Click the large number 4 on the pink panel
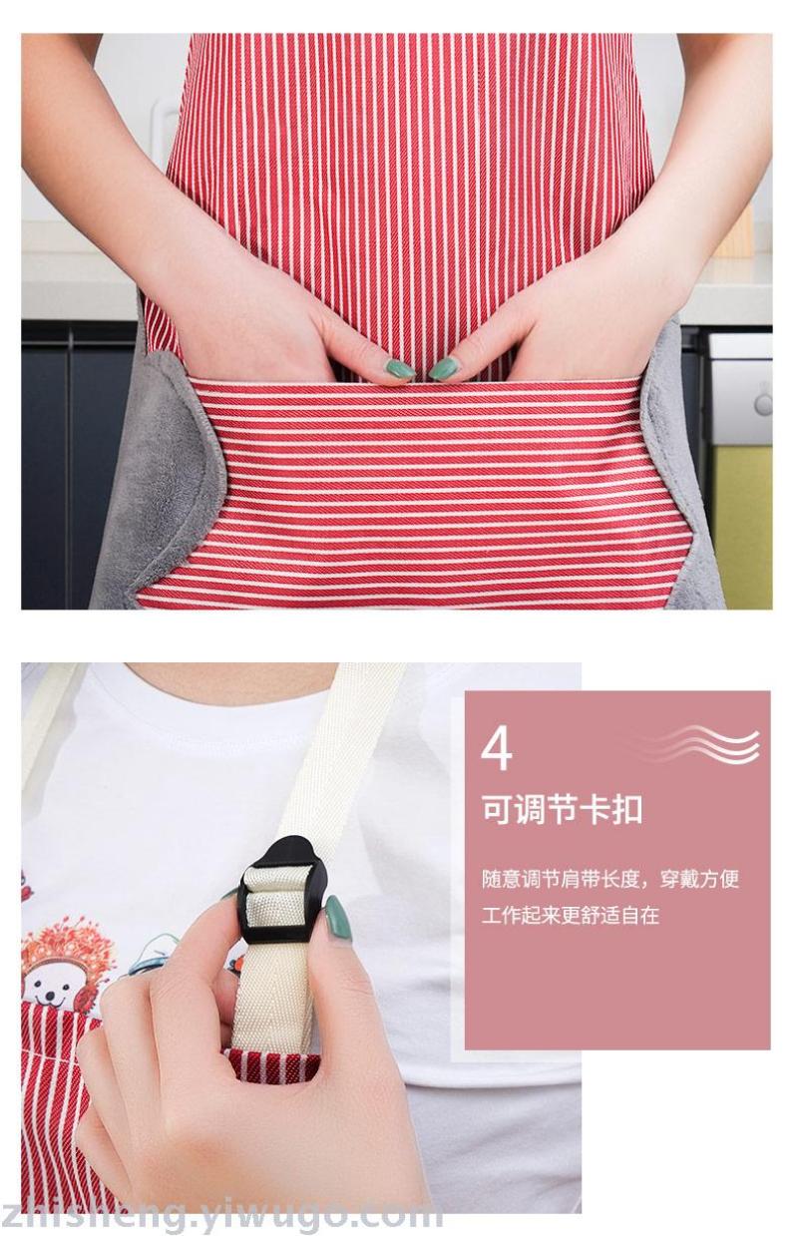[496, 748]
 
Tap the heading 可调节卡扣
[562, 810]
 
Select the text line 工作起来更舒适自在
[571, 916]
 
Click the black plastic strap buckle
[284, 891]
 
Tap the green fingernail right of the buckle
[338, 919]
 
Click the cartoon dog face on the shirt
[54, 990]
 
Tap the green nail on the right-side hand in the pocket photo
[443, 367]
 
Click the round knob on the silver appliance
[763, 404]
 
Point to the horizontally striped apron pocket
[414, 492]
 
